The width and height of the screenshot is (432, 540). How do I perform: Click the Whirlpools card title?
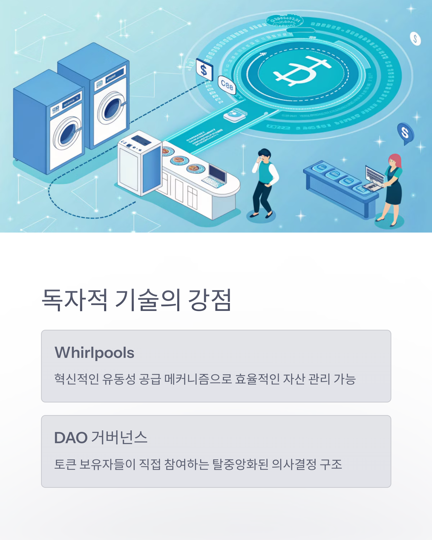(94, 353)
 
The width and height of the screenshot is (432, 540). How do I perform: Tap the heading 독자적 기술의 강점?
(136, 300)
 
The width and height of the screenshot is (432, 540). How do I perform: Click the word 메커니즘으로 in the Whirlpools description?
(198, 379)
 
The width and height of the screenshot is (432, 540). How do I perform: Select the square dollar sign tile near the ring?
(204, 69)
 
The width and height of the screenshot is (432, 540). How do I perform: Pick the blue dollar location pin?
(405, 133)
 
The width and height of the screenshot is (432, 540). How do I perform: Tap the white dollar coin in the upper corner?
(415, 39)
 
